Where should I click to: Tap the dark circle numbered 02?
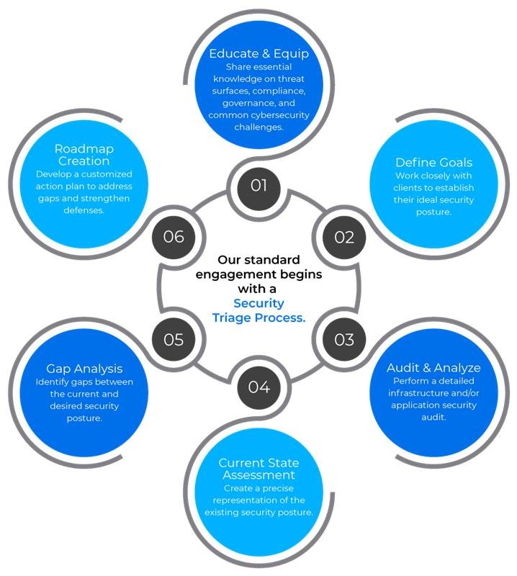344,237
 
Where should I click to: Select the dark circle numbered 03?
344,339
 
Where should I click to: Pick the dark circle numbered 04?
258,387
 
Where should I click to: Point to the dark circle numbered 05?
174,339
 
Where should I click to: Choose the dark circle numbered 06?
174,237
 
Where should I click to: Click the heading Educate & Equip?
259,53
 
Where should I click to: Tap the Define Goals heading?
434,163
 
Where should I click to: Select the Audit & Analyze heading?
433,368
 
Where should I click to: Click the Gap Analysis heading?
84,369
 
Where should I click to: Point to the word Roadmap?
84,149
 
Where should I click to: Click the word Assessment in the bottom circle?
258,475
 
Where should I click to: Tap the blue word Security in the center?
258,303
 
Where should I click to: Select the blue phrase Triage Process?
258,318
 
